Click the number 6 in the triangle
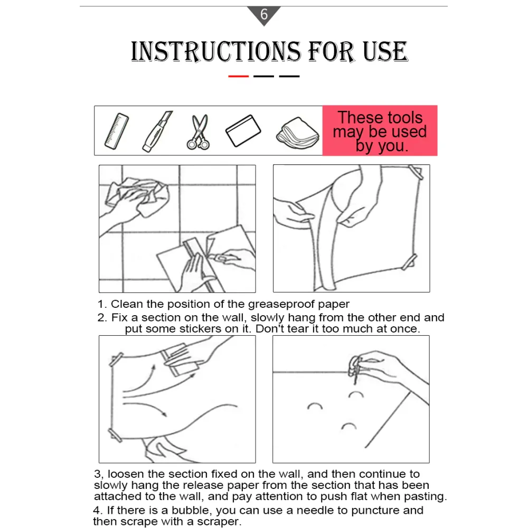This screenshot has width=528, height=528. pos(264,14)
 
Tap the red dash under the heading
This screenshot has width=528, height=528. pos(239,77)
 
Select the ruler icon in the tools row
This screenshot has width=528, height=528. pos(117,130)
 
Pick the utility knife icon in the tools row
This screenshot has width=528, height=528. pos(157,131)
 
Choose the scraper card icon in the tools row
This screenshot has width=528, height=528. pos(243,130)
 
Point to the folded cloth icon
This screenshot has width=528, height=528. pos(298,133)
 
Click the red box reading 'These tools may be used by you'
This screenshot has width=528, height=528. pos(380,130)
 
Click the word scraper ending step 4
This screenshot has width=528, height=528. pos(218,522)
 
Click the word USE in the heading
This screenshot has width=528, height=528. pos(385,52)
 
